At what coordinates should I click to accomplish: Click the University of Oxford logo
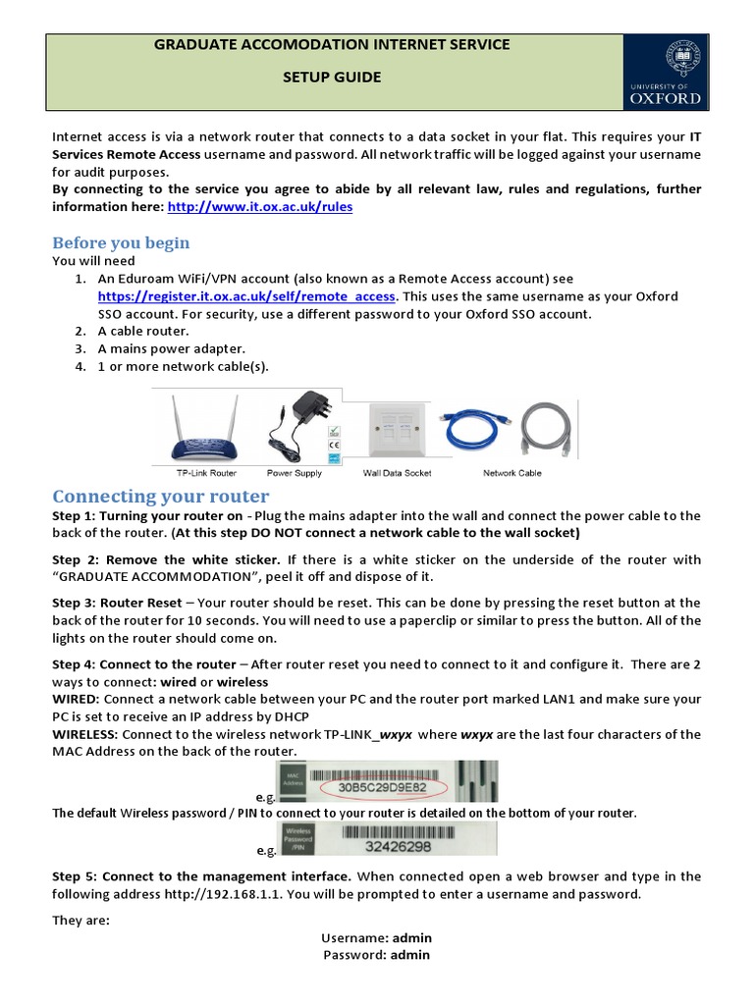[x=665, y=72]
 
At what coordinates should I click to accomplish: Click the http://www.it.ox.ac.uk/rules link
[x=259, y=207]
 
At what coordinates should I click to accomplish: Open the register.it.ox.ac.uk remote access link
[x=246, y=296]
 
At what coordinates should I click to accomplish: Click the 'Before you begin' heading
[x=121, y=242]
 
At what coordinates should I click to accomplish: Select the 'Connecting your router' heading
[x=160, y=496]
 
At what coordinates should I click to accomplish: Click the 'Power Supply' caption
[x=295, y=473]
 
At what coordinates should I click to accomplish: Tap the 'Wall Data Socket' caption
[x=397, y=473]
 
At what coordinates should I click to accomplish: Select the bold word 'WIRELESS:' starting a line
[x=86, y=734]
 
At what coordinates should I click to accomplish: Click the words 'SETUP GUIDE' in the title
[x=333, y=78]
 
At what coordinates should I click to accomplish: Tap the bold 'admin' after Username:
[x=411, y=938]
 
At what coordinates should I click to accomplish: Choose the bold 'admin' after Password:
[x=409, y=954]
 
